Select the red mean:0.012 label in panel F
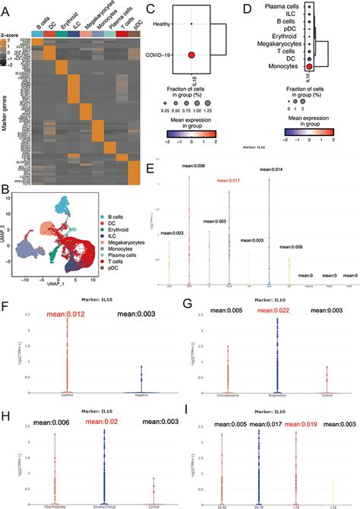pyautogui.click(x=67, y=313)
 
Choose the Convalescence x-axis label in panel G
pyautogui.click(x=227, y=397)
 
